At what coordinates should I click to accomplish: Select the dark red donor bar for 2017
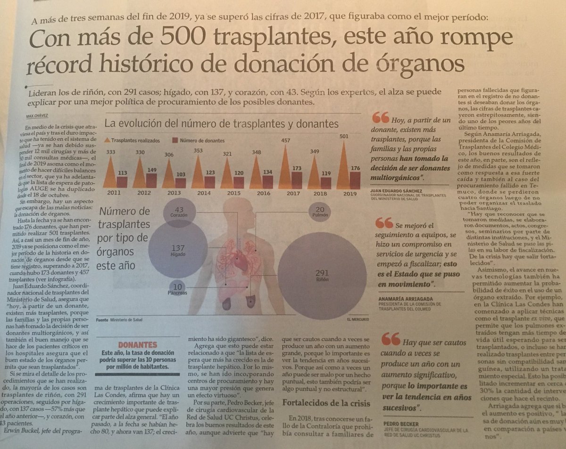pyautogui.click(x=297, y=180)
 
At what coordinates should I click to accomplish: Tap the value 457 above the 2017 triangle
pyautogui.click(x=286, y=140)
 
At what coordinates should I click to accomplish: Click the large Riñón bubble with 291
pyautogui.click(x=322, y=276)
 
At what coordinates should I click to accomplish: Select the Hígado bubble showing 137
pyautogui.click(x=178, y=250)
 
